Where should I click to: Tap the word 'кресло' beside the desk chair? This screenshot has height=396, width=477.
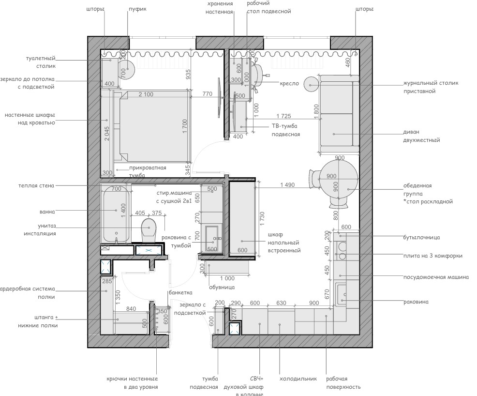click(289, 83)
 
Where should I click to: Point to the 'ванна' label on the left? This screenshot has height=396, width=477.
click(47, 212)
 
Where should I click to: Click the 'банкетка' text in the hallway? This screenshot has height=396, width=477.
click(180, 292)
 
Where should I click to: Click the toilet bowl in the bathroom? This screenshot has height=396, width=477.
click(149, 229)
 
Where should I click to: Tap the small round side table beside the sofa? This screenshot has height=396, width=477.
click(310, 84)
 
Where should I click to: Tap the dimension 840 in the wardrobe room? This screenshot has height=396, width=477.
click(131, 308)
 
